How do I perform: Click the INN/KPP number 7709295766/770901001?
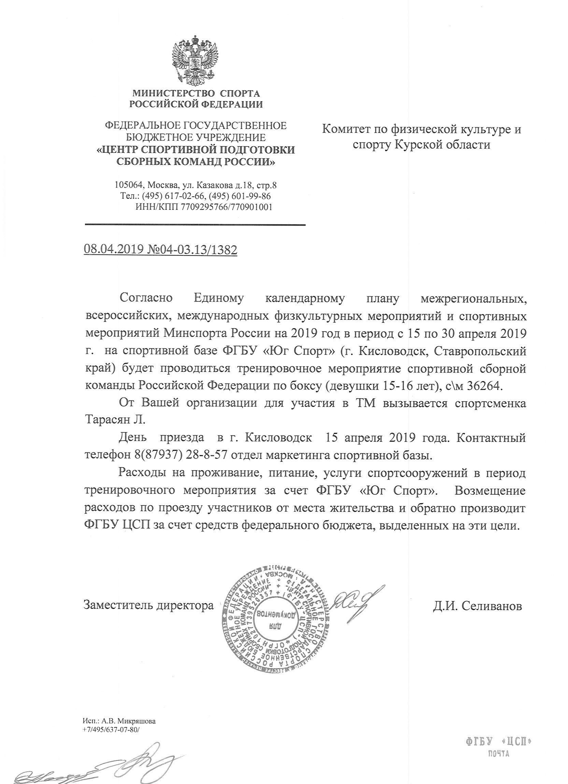pyautogui.click(x=227, y=207)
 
